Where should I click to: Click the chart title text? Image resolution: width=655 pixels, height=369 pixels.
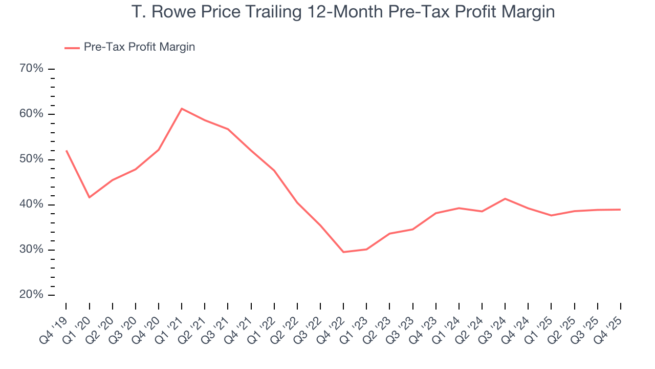pos(343,11)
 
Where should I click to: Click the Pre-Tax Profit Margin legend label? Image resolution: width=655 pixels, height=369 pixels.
pos(139,47)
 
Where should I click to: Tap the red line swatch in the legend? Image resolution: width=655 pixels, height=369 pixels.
pos(72,48)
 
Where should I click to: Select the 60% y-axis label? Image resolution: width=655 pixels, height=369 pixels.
pos(32,114)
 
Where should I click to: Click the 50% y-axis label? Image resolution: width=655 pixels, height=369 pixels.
pos(32,159)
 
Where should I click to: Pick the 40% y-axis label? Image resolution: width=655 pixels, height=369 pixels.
pos(32,204)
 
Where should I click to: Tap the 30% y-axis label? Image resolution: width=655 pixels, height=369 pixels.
pos(32,250)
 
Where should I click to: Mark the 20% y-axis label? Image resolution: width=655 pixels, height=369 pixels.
pos(32,295)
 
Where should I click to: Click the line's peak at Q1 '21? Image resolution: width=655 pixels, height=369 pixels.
pos(182,108)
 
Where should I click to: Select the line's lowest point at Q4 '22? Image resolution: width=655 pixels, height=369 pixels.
pos(343,252)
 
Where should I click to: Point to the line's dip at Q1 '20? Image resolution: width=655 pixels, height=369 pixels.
pos(90,197)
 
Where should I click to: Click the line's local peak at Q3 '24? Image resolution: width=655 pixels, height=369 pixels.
pos(505,198)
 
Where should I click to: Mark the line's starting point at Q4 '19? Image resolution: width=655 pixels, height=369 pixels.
pos(67,151)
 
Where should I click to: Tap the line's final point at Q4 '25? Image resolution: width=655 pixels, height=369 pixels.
pos(620,210)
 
